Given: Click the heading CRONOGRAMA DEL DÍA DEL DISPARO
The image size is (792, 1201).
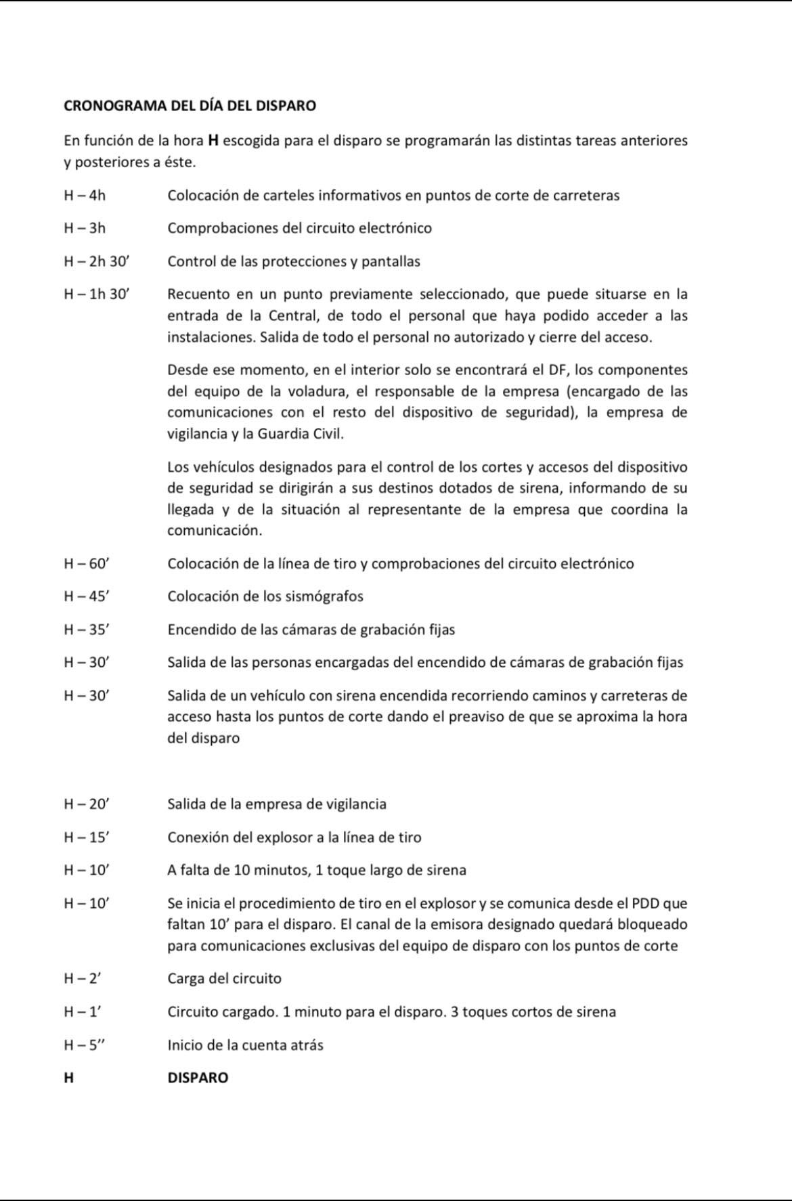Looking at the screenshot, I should pos(190,106).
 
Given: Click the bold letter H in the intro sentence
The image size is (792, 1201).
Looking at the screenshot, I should pos(213,141).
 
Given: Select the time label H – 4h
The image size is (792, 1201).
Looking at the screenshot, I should pos(85,196).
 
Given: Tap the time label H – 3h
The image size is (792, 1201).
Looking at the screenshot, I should pos(85,228).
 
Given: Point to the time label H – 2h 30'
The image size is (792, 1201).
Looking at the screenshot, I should pos(95,261).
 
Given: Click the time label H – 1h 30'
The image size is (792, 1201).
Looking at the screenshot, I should pos(95,294).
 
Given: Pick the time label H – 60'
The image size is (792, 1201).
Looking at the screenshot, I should pos(86,563).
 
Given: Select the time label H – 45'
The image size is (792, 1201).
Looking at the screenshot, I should pos(86,596).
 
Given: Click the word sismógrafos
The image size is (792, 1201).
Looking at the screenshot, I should pos(325,596).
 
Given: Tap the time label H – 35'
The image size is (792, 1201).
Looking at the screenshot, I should pos(86,630).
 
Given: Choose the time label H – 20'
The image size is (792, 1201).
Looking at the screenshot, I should pos(86,804).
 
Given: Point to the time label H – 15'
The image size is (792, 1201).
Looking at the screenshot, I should pos(86,837).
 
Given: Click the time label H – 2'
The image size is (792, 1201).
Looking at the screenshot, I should pos(82,978).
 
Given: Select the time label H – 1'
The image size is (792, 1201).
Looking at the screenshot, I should pos(82,1012).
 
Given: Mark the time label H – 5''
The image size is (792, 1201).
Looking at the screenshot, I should pos(85,1045).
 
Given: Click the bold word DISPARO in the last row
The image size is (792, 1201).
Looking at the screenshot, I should pos(198,1078).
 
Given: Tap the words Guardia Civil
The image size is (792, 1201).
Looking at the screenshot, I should pos(300,434).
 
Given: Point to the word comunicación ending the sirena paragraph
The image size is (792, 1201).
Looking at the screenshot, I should pos(214,531).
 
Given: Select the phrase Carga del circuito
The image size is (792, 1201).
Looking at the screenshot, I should pos(224,978).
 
